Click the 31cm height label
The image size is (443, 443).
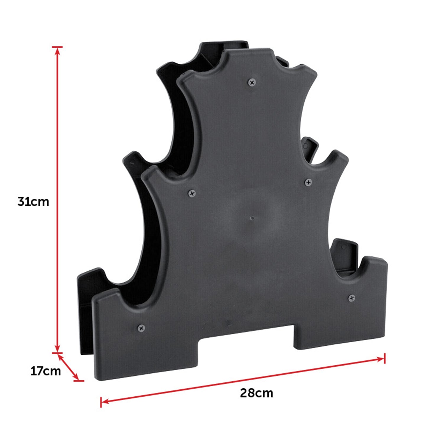[33, 202]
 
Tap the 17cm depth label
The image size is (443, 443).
[45, 371]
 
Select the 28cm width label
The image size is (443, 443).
[256, 393]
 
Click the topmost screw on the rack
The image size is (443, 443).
[252, 82]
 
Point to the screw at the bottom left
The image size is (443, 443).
[141, 328]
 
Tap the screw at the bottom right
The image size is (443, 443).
[351, 298]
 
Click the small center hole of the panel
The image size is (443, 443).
[252, 218]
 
